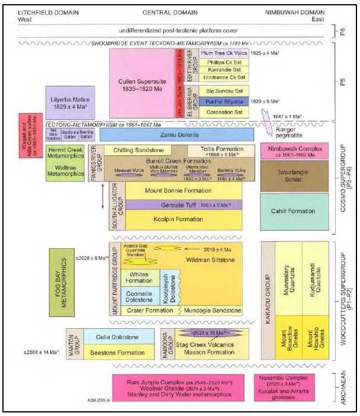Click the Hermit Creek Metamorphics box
(x=65, y=152)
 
